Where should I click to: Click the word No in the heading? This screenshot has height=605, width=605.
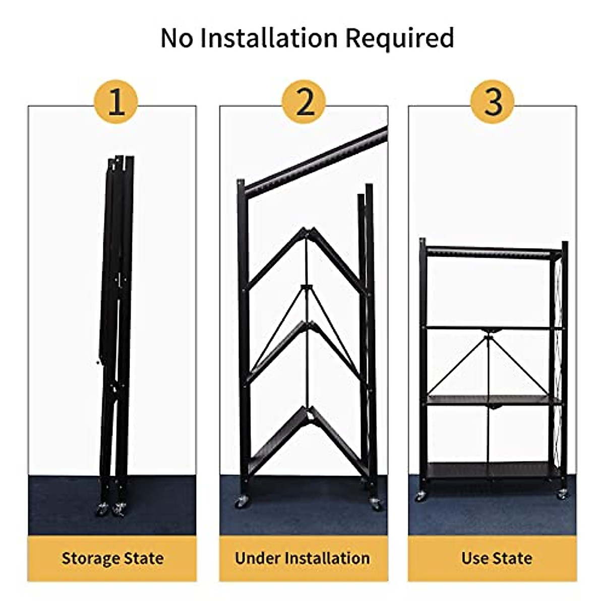[177, 38]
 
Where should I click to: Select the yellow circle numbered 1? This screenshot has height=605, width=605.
[116, 102]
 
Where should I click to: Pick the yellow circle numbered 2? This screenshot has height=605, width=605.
[304, 102]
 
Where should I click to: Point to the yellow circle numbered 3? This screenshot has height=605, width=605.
[493, 102]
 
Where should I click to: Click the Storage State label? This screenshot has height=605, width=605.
[112, 559]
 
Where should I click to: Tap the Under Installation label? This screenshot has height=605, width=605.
[302, 559]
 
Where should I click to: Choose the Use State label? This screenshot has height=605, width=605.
[497, 559]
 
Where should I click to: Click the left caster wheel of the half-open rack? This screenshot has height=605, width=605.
[240, 502]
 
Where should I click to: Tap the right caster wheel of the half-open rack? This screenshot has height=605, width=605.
[375, 503]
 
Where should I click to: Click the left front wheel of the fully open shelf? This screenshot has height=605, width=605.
[420, 496]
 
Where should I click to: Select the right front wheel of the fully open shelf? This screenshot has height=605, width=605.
[562, 495]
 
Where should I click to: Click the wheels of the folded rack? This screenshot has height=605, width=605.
[112, 508]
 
